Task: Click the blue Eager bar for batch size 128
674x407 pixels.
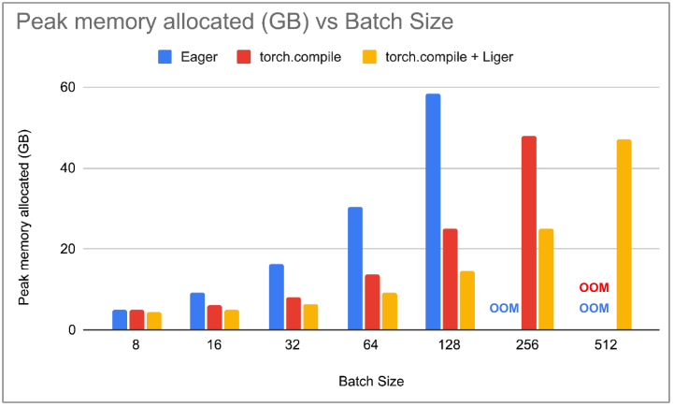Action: (433, 212)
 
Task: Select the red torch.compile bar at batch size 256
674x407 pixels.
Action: (529, 233)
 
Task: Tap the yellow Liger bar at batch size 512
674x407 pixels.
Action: (624, 235)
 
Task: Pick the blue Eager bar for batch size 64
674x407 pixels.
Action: (355, 269)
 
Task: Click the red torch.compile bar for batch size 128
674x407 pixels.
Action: (450, 279)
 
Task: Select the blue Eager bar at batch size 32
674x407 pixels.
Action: (277, 297)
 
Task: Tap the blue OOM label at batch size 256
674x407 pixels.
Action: (504, 309)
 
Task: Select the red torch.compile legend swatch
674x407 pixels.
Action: (242, 57)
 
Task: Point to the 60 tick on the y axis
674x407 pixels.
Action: (67, 87)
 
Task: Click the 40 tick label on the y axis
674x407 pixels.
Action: (67, 168)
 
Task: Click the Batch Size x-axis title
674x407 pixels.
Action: (371, 381)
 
